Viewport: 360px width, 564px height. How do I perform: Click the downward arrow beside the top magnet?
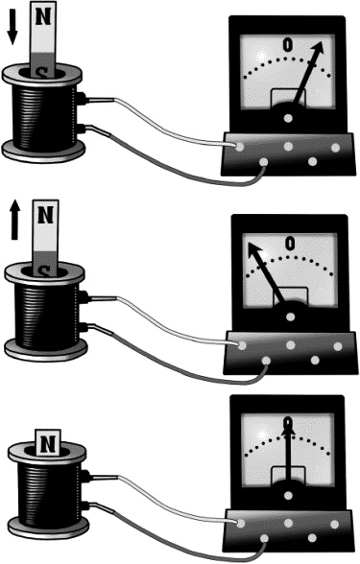coord(12,27)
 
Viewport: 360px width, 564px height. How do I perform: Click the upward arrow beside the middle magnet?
coord(14,220)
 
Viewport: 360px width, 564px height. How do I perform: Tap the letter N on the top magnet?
coord(43,16)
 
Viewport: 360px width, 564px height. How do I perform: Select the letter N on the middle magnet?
coord(45,215)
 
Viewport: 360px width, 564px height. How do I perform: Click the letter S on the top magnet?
coord(43,73)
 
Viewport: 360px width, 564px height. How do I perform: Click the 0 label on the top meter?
coord(287,44)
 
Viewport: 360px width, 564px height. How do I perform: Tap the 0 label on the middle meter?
coord(290,244)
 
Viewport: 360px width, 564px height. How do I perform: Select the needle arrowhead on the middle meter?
coord(253,249)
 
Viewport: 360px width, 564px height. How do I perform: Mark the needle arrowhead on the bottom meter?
coord(288,427)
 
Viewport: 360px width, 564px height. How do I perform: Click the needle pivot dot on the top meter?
coord(288,118)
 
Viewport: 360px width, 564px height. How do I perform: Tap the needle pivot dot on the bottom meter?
coord(288,495)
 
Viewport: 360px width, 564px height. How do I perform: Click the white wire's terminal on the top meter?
coord(239,147)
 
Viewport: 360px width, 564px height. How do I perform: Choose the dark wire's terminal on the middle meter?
coord(267,361)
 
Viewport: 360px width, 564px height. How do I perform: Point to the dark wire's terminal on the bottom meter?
coord(264,538)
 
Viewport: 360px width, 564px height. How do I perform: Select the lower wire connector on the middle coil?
coord(84,328)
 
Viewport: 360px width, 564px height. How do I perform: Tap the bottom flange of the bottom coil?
coord(48,527)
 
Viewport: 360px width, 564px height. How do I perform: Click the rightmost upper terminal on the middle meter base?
coord(338,346)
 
